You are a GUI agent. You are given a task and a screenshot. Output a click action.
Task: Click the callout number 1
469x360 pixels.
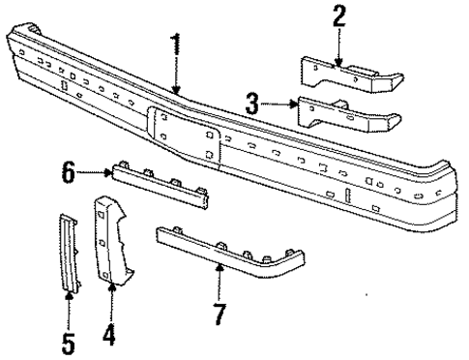click(175, 44)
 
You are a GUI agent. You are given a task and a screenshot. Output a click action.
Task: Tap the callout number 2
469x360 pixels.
click(337, 16)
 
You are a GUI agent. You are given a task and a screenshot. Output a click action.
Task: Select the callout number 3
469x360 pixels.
click(252, 102)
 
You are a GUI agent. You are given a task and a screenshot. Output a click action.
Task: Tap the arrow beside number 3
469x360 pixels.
click(280, 102)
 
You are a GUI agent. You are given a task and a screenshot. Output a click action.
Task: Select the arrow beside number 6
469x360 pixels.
click(95, 172)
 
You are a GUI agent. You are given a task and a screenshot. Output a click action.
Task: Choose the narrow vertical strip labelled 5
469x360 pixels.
click(68, 252)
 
